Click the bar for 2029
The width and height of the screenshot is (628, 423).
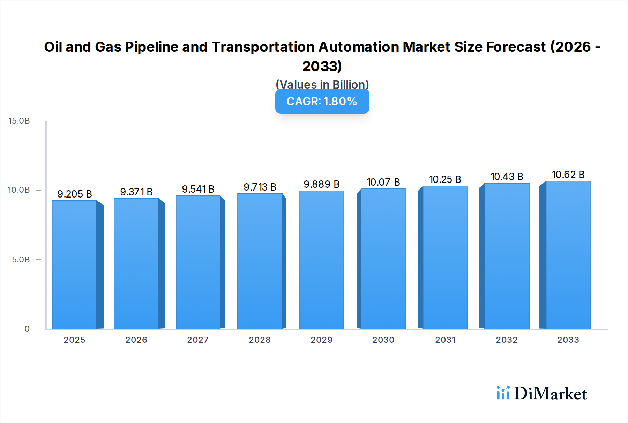pos(321,260)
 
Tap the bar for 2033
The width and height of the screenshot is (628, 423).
pos(568,255)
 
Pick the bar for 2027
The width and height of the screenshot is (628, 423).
pos(198,262)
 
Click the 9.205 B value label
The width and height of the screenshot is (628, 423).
pos(75,194)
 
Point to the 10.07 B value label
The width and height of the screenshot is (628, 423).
pos(383,182)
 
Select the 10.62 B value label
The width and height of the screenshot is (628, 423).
pos(568,175)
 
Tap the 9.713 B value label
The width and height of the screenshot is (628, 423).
pos(260,187)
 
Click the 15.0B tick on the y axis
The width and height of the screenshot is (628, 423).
pos(19,121)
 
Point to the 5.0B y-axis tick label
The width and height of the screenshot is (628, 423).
pos(21,260)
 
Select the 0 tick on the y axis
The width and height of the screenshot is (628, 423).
pos(27,329)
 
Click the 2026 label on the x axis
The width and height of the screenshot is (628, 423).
pos(136,340)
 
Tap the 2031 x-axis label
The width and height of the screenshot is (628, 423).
pos(445,340)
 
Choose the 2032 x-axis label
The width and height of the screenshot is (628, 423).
pos(507,340)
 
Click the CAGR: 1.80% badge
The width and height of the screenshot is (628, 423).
pos(322,102)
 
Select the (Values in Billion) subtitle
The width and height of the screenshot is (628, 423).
pos(322,84)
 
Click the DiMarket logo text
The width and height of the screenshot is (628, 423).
pos(550,394)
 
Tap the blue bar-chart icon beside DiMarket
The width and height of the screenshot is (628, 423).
pos(503,393)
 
